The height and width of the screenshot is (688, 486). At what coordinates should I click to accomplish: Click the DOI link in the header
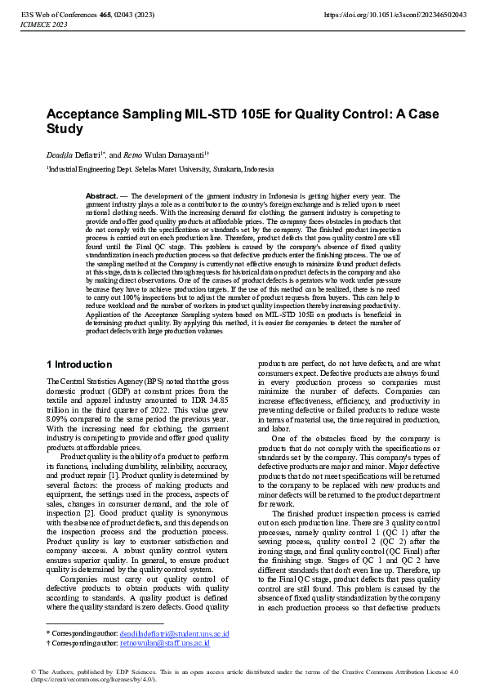click(x=395, y=15)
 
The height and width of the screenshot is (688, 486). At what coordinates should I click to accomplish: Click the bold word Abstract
click(x=101, y=197)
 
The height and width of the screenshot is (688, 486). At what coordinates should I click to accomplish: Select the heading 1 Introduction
click(x=79, y=364)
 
